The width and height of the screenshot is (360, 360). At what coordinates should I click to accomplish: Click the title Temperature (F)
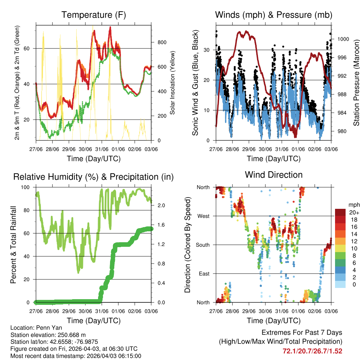point(94,15)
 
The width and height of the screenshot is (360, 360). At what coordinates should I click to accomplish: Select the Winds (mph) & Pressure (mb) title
point(274,15)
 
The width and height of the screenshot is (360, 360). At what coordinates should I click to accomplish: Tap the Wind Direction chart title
point(274,175)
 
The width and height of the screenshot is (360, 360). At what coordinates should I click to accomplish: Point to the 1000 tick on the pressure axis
point(342,39)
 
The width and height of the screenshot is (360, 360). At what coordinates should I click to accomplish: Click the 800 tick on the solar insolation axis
point(162,43)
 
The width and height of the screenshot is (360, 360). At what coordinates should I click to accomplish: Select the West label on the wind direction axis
point(203,216)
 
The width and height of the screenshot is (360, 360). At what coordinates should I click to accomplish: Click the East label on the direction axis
point(204,274)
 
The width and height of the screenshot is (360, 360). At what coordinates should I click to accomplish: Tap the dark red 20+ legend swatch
point(341,212)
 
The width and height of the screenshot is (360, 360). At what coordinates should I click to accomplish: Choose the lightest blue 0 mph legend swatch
point(341,284)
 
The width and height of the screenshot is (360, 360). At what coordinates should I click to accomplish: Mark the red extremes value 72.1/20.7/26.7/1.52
point(312,351)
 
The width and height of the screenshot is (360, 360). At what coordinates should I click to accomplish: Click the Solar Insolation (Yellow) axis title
point(173,83)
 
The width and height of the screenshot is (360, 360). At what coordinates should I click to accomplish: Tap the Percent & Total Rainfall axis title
point(14,245)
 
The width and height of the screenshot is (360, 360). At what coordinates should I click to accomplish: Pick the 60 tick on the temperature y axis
point(30,48)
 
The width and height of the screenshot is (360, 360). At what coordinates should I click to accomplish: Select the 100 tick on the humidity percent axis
point(28,187)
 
